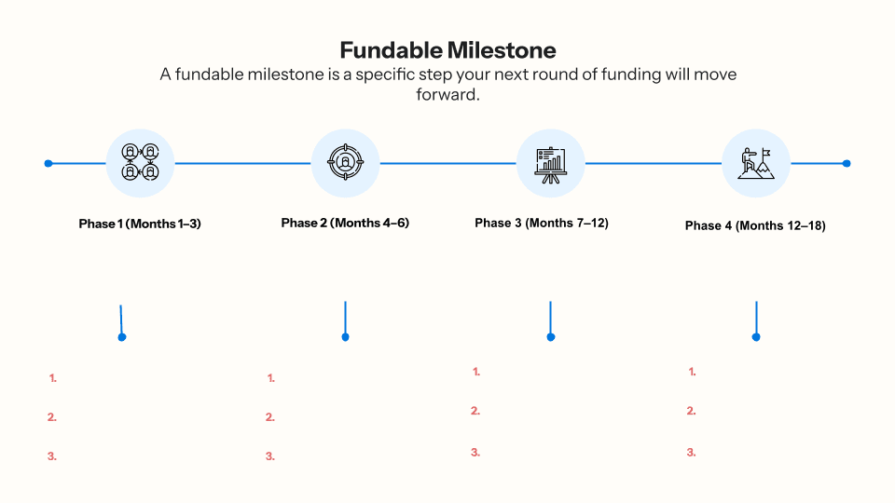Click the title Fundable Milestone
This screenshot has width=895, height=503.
pos(447,49)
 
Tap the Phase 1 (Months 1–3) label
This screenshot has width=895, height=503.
pos(140,224)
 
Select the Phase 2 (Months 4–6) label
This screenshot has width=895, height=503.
pos(345,223)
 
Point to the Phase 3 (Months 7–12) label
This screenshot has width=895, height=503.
pos(542,223)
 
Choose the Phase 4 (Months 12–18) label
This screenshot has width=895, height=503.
pos(755,225)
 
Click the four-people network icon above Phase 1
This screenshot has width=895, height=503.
pos(140,163)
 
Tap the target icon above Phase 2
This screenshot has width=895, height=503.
pos(345,163)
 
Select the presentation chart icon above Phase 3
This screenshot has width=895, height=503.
pos(550,163)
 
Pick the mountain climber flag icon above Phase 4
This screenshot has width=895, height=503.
pos(755,163)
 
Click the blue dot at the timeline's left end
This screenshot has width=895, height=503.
pos(48,163)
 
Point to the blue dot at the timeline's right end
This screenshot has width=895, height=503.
pos(847,163)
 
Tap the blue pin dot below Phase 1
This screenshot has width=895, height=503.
pos(122,337)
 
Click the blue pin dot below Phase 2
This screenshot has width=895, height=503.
pos(345,337)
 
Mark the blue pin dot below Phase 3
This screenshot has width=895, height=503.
pos(551,337)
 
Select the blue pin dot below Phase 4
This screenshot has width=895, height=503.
pos(756,337)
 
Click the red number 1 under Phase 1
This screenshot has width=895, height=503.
pos(53,378)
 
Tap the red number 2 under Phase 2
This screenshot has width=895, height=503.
pos(270,417)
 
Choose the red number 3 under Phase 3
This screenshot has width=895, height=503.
pos(475,452)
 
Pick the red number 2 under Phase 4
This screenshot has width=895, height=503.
pos(692,411)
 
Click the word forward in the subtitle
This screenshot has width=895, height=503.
pos(447,94)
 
